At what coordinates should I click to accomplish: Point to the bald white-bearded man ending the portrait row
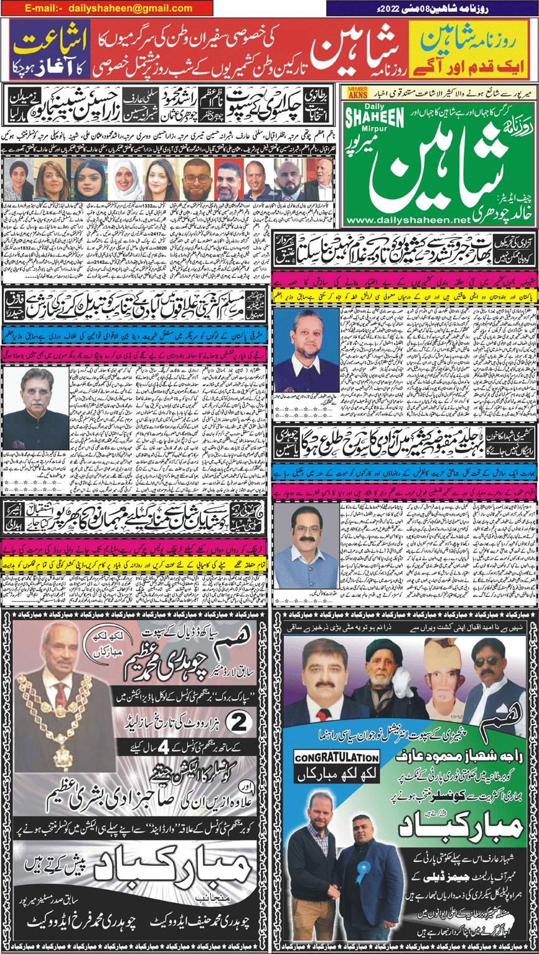(x=322, y=180)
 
